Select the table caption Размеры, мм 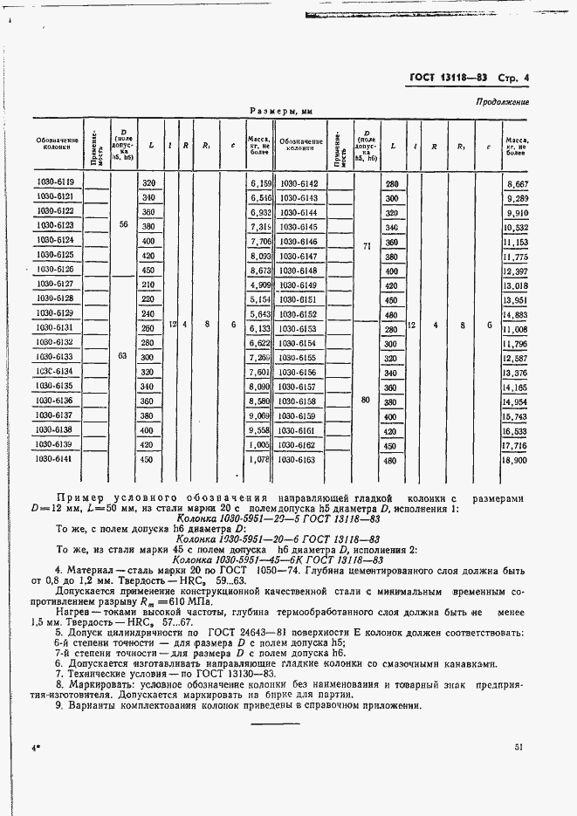(x=281, y=112)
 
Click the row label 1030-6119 (x=55, y=182)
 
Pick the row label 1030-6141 (x=55, y=459)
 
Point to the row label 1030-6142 (x=299, y=183)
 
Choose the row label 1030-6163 (x=299, y=459)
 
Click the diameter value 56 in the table (x=122, y=224)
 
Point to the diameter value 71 (x=367, y=246)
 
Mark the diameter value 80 (x=367, y=400)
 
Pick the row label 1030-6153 (x=299, y=328)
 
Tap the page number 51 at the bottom (x=519, y=747)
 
